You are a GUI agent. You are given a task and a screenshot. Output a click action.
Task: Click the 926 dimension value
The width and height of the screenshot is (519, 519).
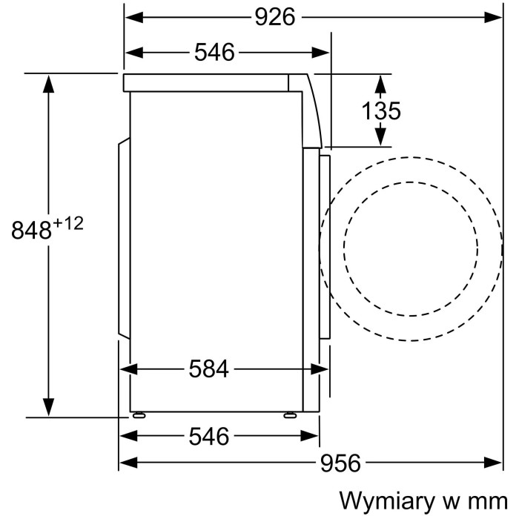[275, 17]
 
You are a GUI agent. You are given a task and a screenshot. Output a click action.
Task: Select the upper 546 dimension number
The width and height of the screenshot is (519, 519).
[214, 53]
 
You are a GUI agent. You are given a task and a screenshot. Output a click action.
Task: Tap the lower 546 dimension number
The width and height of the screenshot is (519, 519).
[209, 436]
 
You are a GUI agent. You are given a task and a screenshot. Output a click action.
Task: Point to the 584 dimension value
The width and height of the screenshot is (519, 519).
[209, 369]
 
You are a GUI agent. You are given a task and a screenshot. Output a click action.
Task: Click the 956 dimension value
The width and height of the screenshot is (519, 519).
[340, 463]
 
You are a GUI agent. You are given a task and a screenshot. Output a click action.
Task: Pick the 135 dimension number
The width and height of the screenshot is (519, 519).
[381, 110]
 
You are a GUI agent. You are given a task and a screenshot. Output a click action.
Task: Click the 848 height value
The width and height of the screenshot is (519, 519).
[31, 231]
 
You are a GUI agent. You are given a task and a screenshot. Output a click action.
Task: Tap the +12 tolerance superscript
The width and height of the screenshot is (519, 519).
[68, 224]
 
